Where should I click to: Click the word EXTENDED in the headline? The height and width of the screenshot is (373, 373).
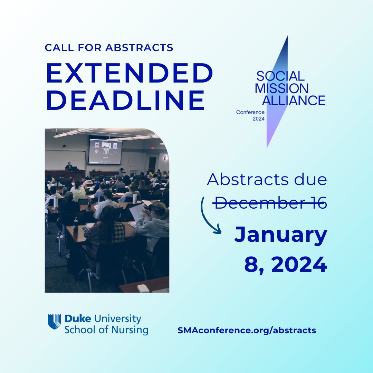[130, 74]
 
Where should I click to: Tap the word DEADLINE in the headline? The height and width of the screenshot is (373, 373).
[126, 101]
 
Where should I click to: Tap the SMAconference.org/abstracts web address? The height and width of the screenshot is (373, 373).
[247, 330]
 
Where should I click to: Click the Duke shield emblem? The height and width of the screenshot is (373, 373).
[54, 322]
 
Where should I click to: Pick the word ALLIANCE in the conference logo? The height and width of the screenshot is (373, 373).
[290, 100]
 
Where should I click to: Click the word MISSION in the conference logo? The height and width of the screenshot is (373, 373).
[281, 88]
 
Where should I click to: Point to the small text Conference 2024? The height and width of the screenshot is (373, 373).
[250, 115]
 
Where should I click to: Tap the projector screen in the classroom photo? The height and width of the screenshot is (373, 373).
[105, 151]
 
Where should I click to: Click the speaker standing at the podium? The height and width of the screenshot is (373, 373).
[69, 166]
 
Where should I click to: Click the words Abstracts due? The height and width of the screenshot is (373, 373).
[267, 180]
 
